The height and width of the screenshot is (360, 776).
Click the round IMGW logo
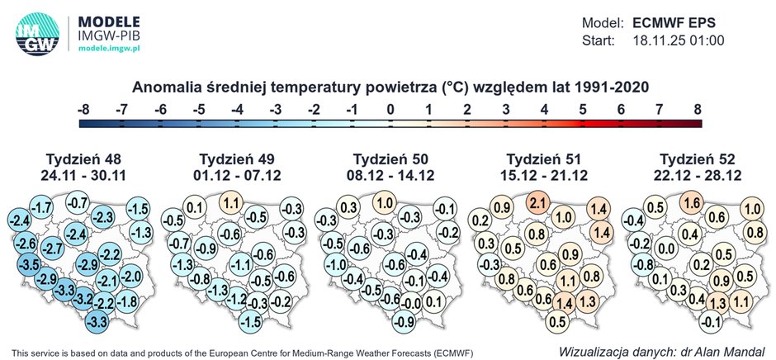point(36,34)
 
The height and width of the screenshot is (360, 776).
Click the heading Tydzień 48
point(83,159)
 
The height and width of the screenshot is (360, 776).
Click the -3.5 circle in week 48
point(30,264)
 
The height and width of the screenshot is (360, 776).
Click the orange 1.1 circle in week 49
point(232,203)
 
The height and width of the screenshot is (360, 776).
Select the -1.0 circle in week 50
point(335,264)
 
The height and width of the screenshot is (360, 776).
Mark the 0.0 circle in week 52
point(661,249)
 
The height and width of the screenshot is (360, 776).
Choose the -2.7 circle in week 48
point(53,249)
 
